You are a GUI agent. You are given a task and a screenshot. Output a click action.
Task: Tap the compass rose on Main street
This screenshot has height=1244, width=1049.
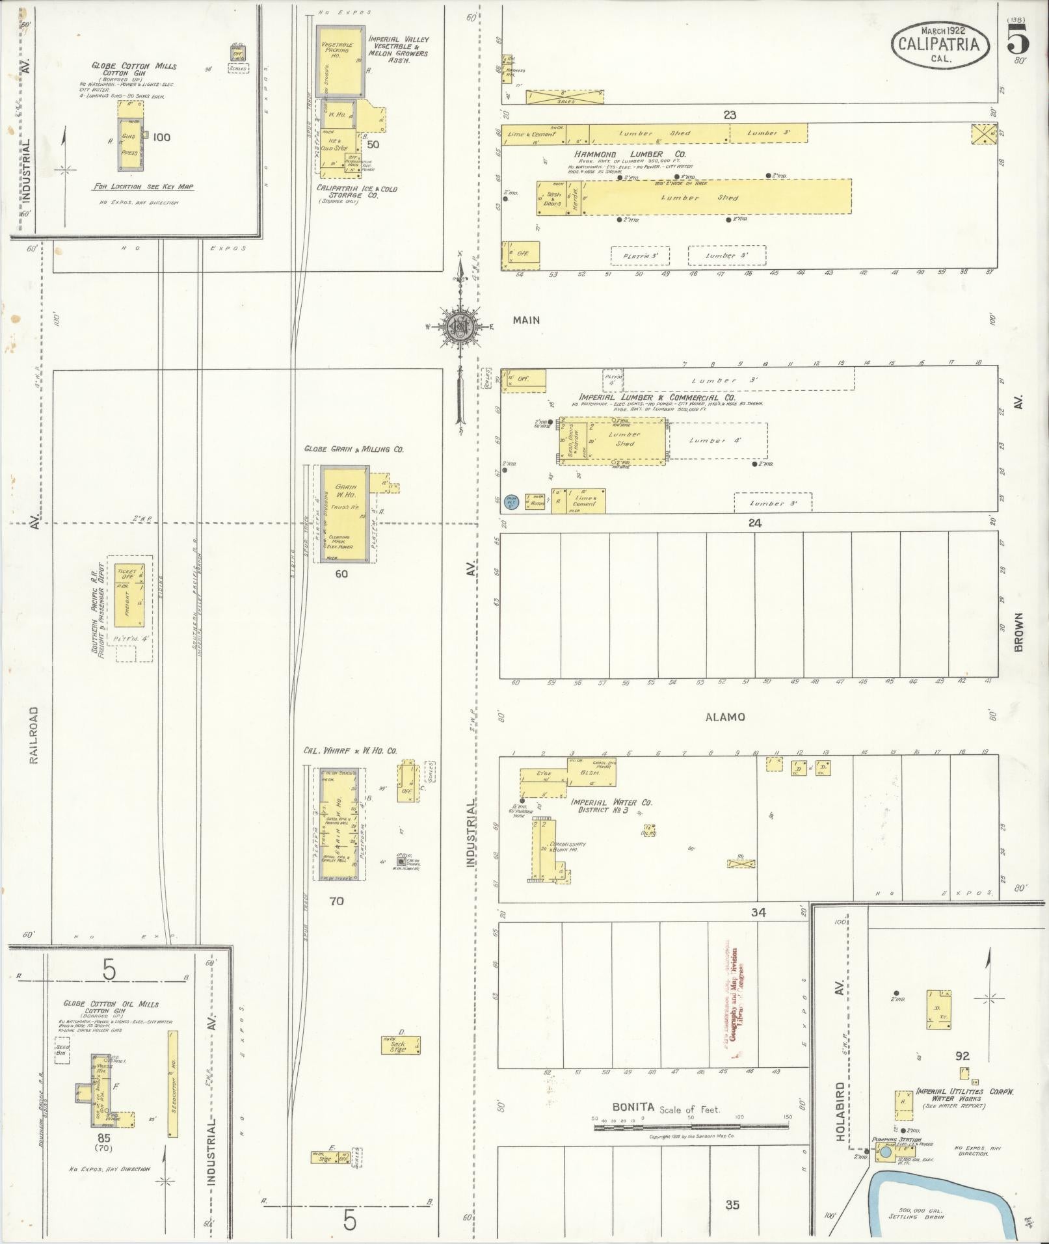[460, 326]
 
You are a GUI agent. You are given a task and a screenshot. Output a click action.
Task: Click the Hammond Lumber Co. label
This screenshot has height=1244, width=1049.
[630, 154]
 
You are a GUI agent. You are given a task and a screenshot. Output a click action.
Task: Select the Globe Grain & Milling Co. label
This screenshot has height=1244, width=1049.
[354, 449]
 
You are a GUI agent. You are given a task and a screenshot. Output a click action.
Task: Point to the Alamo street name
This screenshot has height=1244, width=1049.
[724, 717]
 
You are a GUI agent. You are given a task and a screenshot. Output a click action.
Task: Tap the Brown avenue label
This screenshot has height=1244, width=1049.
[1018, 631]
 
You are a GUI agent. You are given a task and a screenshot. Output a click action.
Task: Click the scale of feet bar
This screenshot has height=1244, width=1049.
[691, 1126]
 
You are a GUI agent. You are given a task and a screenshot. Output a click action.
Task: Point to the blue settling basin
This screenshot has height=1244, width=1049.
[943, 1198]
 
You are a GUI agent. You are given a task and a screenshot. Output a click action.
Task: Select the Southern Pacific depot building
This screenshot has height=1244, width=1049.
[127, 596]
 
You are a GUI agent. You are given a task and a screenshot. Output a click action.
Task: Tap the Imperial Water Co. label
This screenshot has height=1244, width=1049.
[611, 806]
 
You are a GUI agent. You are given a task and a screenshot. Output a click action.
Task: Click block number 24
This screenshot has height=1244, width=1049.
[754, 523]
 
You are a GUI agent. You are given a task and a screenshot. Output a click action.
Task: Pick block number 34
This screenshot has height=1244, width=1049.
[758, 912]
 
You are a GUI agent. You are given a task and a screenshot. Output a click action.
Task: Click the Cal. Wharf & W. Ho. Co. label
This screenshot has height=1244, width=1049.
[350, 750]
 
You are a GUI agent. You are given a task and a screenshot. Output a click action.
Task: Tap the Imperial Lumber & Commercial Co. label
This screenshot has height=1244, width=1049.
[657, 397]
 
